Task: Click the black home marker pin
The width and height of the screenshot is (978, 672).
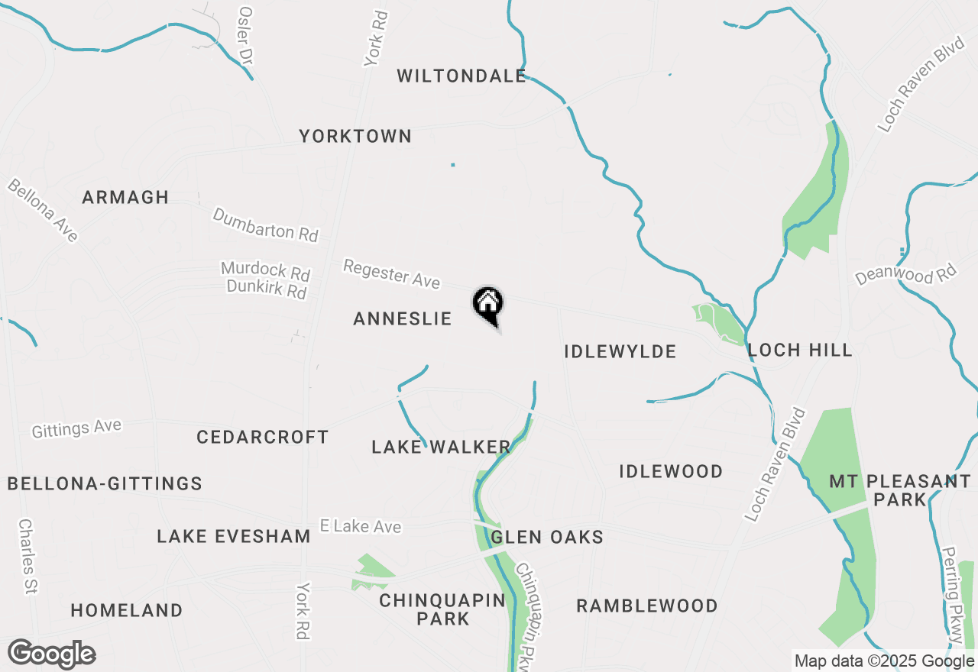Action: coord(488,305)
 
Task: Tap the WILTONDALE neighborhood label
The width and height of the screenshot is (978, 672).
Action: coord(461,76)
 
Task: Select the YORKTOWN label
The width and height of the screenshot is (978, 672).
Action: coord(355,137)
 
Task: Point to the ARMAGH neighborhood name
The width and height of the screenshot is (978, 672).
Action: coord(125,197)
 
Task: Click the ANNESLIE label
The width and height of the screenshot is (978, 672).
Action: coord(403,319)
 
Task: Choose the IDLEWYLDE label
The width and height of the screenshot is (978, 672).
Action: coord(620,351)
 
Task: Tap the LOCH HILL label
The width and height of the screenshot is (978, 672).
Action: coord(800,351)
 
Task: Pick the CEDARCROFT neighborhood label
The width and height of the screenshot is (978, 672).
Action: coord(263,438)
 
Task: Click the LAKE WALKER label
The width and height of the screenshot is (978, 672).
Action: coord(441,447)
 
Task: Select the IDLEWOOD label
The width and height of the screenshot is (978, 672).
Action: coord(671,471)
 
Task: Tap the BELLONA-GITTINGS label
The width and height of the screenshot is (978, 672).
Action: coord(105,483)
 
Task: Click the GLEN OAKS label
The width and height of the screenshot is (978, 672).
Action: coord(547,538)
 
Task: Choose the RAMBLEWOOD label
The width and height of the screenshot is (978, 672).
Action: coord(647,606)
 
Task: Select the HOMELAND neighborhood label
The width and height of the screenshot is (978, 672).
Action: coord(127,611)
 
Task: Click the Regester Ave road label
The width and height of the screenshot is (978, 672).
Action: coord(391,274)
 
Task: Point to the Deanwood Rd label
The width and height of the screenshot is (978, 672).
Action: coord(906,273)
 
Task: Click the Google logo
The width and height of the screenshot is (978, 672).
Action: coord(52,654)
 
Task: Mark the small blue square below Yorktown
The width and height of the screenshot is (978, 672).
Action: coord(453,164)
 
